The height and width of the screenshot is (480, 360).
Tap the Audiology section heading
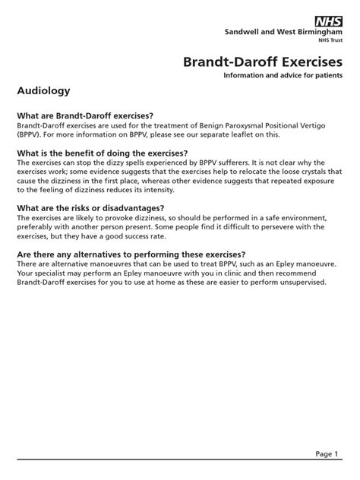click(x=43, y=90)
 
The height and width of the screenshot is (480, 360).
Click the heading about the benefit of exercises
click(x=103, y=152)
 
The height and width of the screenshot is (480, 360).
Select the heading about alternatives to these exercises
click(x=141, y=254)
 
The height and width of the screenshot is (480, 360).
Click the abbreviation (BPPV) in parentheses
click(x=30, y=134)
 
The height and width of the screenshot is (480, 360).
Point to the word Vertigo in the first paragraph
click(x=325, y=124)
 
